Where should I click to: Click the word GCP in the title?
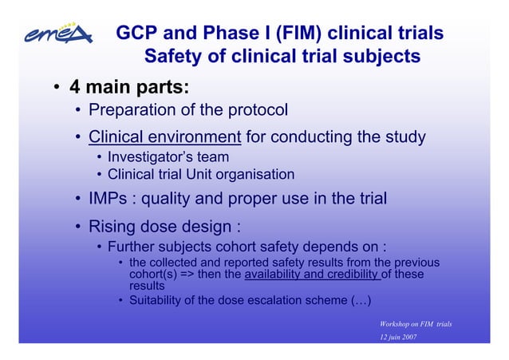136,34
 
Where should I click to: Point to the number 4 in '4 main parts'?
74,85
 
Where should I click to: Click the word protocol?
258,109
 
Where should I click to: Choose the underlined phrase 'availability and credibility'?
312,275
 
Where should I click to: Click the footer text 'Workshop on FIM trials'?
416,323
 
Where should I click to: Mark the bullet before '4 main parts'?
49,86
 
